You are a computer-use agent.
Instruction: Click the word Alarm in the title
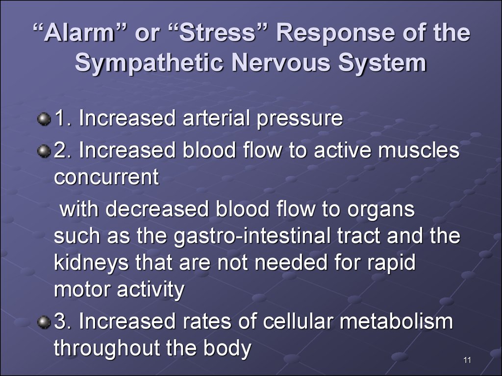pos(79,33)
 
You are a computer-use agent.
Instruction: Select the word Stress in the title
pos(217,33)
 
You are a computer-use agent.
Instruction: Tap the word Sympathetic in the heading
pos(149,62)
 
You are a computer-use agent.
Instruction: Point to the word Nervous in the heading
pos(281,62)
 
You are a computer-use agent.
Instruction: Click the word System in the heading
pos(382,62)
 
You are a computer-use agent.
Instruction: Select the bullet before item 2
pos(44,151)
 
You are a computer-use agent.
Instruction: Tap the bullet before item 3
pos(44,322)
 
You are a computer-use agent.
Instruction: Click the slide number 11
pos(467,360)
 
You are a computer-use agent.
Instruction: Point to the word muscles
pos(419,150)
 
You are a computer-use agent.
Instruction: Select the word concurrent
pos(106,177)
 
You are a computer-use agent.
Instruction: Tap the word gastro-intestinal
pos(252,236)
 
